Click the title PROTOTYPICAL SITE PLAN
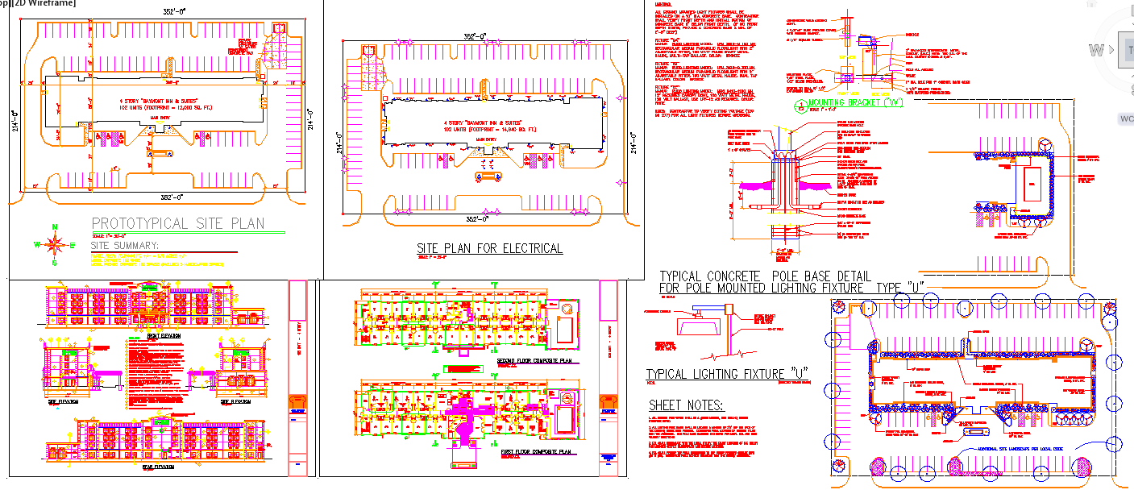pos(178,223)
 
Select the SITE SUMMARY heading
pos(125,245)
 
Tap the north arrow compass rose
pos(55,243)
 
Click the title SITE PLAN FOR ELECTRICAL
pos(489,248)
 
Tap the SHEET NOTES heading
pos(686,405)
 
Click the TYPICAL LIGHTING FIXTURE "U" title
pos(727,374)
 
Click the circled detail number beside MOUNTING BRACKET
pos(800,104)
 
